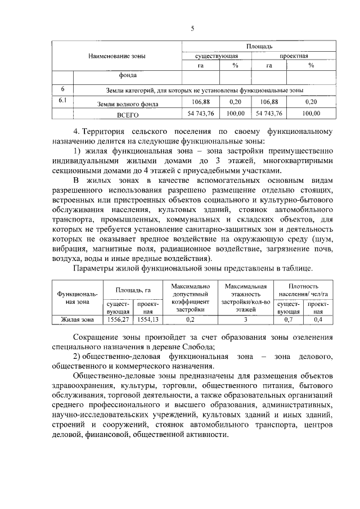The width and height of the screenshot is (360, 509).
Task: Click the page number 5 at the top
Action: pyautogui.click(x=192, y=27)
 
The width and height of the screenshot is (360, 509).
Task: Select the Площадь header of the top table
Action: pyautogui.click(x=259, y=46)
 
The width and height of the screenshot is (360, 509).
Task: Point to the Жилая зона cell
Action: pyautogui.click(x=77, y=320)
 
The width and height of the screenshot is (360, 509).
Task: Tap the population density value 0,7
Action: pyautogui.click(x=288, y=320)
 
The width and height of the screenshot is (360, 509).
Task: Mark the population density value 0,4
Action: pyautogui.click(x=318, y=320)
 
